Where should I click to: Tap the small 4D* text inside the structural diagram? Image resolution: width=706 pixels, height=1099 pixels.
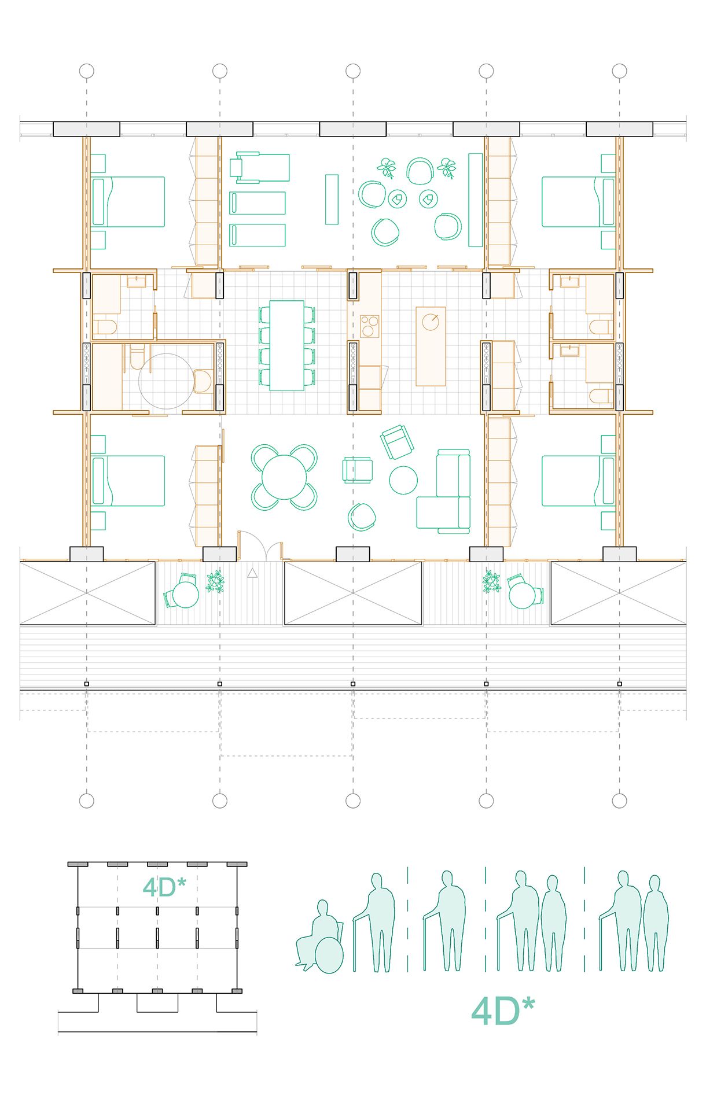[x=164, y=888]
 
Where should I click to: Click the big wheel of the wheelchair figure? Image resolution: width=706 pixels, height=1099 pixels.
[x=329, y=955]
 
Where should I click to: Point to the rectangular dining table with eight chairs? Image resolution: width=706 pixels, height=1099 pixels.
[x=287, y=346]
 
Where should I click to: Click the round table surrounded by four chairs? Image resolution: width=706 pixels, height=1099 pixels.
[x=284, y=477]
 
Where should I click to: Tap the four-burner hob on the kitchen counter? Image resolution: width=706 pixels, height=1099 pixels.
[x=369, y=326]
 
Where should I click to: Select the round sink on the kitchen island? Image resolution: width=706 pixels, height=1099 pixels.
[x=431, y=322]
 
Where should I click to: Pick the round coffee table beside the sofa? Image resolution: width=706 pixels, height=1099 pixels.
[x=403, y=480]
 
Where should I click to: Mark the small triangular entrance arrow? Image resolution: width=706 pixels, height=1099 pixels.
[x=252, y=573]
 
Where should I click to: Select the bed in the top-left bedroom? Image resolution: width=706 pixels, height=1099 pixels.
[x=128, y=201]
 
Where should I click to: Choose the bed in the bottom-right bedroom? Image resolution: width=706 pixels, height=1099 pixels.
[x=578, y=481]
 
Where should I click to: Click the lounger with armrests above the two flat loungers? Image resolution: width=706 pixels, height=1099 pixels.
[x=259, y=167]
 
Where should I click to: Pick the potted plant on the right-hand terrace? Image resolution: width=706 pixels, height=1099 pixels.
[x=491, y=581]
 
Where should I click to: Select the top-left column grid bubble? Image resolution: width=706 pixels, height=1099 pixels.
[x=86, y=71]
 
